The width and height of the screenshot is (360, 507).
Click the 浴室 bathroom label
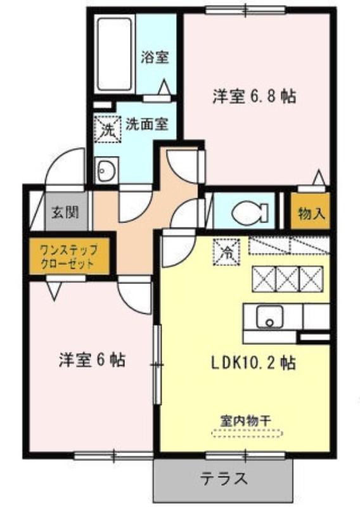pos(155,57)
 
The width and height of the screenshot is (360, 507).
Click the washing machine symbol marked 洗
pos(107,129)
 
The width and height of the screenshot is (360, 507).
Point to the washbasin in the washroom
pos(106,170)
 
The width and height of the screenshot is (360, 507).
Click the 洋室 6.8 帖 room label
pos(254,96)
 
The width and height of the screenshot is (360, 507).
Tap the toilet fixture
pos(250,211)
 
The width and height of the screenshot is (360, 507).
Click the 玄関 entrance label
pos(65,212)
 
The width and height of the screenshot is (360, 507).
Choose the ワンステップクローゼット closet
pos(69,256)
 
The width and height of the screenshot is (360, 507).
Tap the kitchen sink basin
pos(269,317)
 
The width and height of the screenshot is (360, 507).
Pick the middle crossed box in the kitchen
pos(287,278)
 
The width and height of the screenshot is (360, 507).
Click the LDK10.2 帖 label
pos(254,363)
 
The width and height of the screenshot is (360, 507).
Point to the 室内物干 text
pos(245,421)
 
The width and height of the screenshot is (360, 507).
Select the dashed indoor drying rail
pos(247,433)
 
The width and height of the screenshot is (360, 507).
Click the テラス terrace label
pos(224,478)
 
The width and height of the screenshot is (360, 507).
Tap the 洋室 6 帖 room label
pos(92,359)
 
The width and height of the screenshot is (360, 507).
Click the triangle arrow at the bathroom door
pos(164,87)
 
